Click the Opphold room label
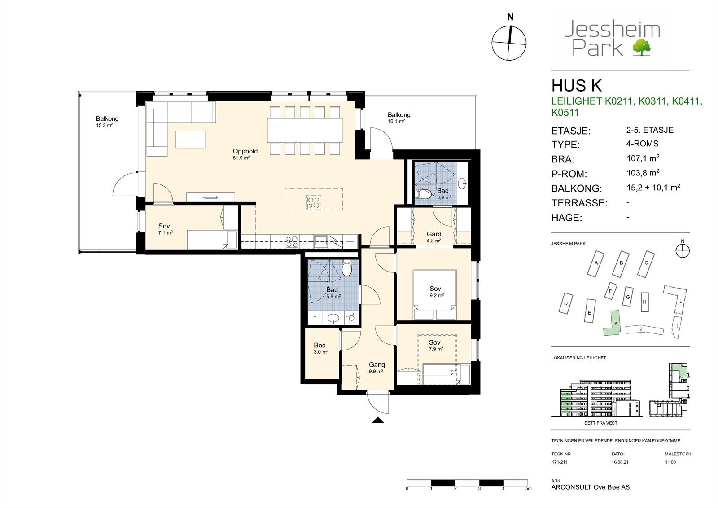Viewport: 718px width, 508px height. [245, 151]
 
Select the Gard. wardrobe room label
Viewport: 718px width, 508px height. [435, 234]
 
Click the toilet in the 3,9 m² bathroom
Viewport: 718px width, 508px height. [423, 194]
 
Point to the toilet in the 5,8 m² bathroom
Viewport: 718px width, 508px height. [347, 268]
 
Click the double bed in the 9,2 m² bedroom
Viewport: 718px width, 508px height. [435, 295]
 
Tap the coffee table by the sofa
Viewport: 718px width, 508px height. [190, 140]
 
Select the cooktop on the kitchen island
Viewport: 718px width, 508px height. [314, 202]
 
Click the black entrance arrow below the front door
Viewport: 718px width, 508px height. [378, 420]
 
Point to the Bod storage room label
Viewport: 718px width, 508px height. [320, 345]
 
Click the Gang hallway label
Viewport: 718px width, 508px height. [377, 365]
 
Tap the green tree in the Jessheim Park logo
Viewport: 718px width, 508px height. [641, 47]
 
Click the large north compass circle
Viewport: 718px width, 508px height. [509, 43]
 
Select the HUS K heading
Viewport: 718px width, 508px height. [577, 86]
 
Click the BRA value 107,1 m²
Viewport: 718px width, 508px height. [643, 158]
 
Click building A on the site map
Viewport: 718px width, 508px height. [595, 264]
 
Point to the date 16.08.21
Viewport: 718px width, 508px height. [620, 462]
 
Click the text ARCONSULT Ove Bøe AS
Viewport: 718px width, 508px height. [591, 487]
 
